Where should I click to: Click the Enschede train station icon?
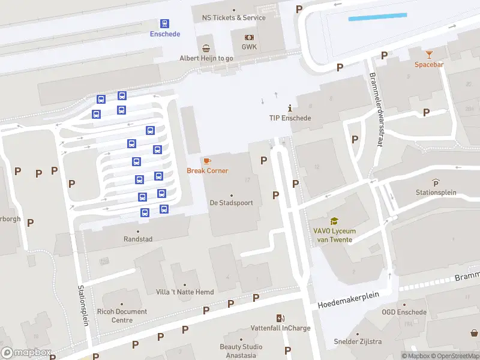(x=164, y=23)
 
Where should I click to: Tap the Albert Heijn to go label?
(x=206, y=58)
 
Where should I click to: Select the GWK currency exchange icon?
(x=249, y=37)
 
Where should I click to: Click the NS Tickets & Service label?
(x=233, y=18)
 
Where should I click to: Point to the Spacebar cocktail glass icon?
(x=428, y=55)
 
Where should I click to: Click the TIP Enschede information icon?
(x=290, y=108)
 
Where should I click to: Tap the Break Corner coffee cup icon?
(x=207, y=161)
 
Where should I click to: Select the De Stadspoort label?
(x=231, y=203)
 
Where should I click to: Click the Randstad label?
(x=138, y=239)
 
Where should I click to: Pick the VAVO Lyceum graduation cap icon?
(x=334, y=221)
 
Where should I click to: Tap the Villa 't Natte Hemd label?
(x=184, y=292)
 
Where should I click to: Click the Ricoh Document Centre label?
(x=121, y=316)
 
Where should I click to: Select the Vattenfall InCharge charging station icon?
(x=280, y=318)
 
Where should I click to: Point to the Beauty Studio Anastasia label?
(x=242, y=350)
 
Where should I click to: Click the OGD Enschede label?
(x=404, y=312)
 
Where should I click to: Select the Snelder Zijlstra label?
(x=358, y=342)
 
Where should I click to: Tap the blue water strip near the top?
(x=377, y=17)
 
